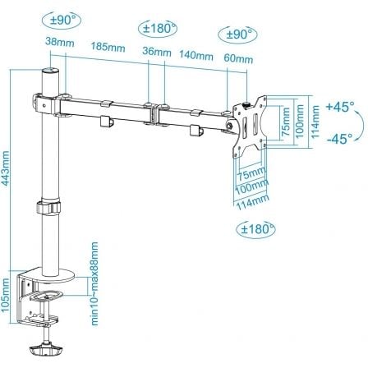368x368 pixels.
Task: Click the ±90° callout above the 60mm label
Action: [x=236, y=34]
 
